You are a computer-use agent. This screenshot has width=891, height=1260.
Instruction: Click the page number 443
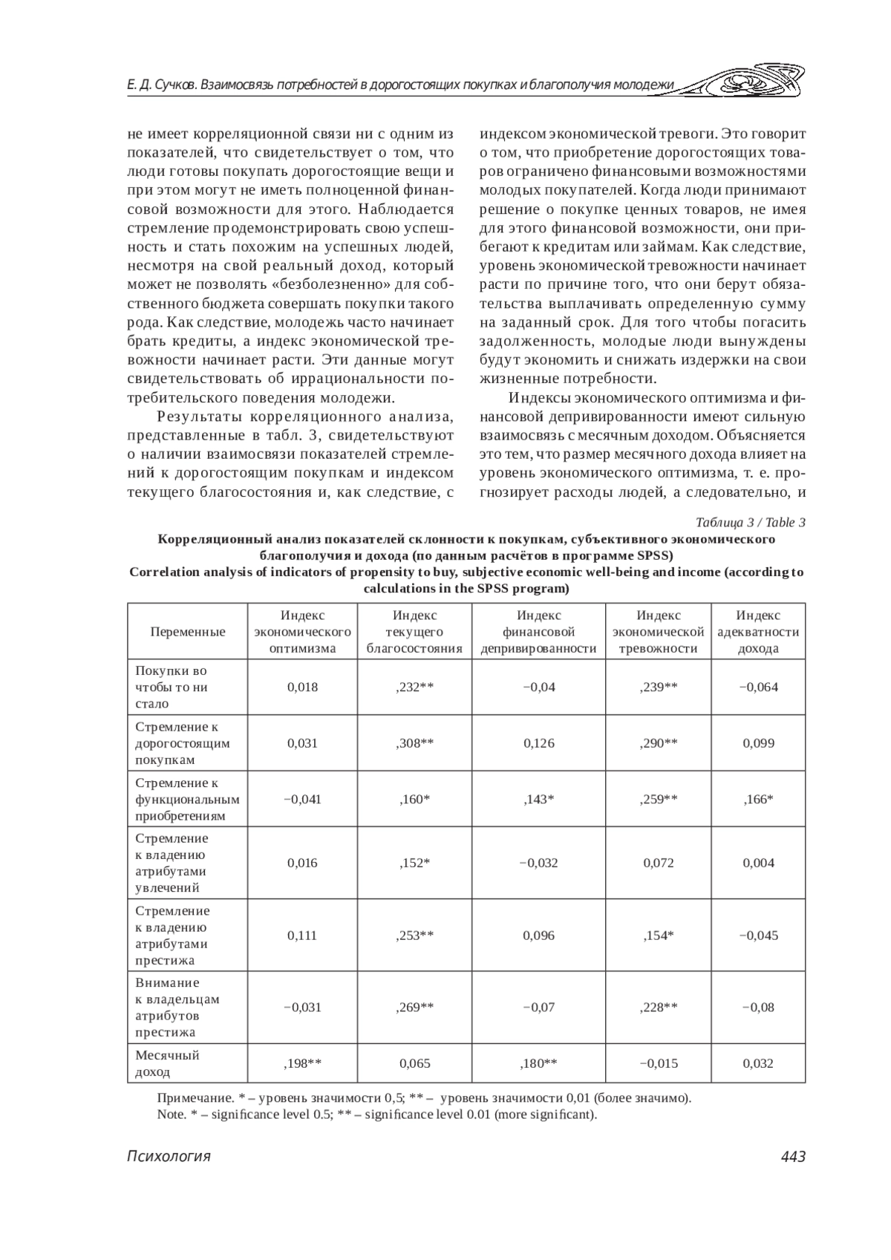pos(793,1156)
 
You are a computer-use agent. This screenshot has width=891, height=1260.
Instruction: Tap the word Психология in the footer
pos(169,1156)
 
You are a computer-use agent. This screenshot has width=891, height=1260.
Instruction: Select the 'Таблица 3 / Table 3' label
pos(751,522)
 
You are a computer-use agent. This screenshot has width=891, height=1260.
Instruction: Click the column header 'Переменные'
pos(188,632)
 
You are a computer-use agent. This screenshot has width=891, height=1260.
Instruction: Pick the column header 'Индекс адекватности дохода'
pos(758,632)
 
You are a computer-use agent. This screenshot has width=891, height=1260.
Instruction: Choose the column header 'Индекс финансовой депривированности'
pos(538,632)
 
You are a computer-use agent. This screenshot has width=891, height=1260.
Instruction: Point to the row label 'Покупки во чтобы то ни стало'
pos(172,687)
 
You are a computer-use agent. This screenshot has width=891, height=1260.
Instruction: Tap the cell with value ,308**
pos(414,742)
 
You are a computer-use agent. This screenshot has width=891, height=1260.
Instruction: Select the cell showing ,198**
pos(302,1063)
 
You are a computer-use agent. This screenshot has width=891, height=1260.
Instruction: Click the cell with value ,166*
pos(758,799)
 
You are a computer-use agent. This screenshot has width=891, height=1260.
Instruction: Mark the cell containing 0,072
pos(659,863)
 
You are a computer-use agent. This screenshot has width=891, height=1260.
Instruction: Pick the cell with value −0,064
pos(758,687)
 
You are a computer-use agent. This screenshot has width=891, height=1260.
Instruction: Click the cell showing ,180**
pos(538,1063)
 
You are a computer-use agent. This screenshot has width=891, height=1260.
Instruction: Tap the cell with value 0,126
pos(538,742)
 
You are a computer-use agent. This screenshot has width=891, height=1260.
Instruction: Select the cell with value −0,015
pos(659,1063)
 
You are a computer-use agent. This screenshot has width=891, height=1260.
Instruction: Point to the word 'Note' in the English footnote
pos(170,1114)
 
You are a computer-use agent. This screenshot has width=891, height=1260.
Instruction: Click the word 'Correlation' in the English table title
pos(164,572)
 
